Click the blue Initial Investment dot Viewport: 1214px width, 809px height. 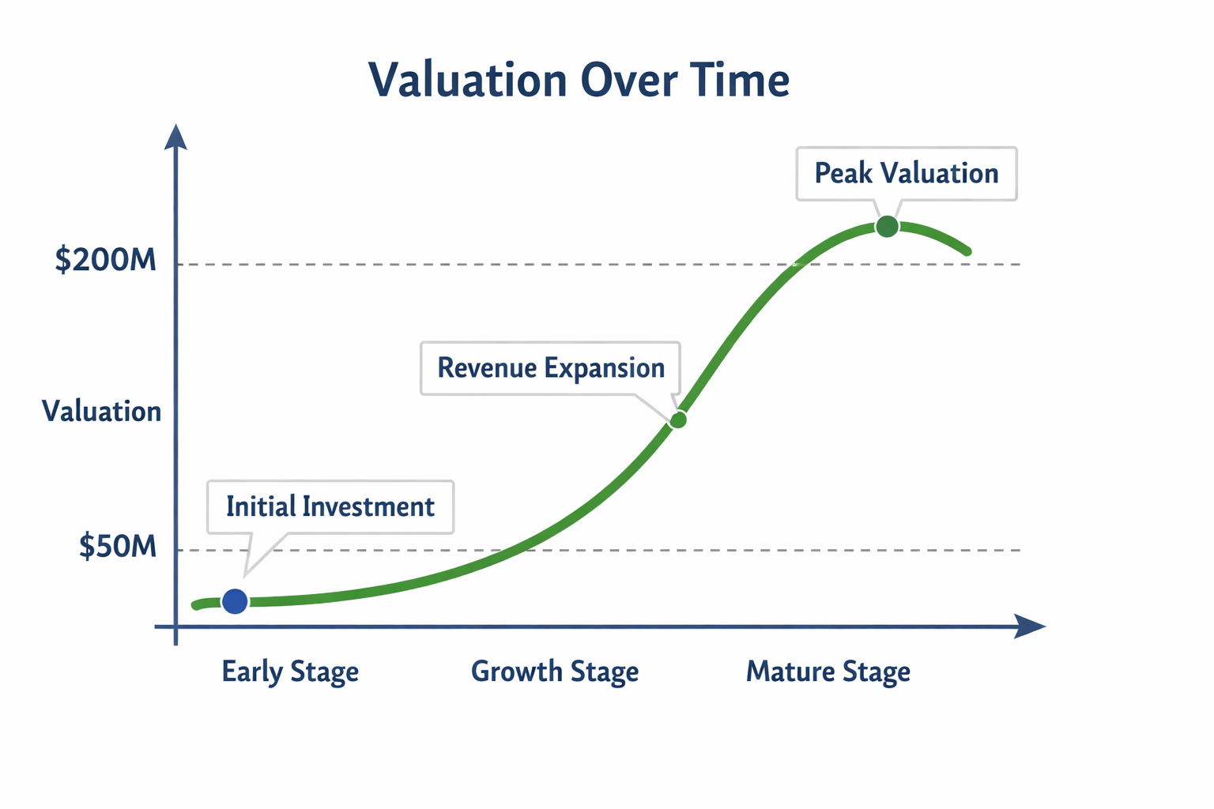click(x=235, y=601)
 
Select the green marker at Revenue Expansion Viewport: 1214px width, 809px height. click(x=678, y=420)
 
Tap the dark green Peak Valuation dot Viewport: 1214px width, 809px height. click(x=888, y=226)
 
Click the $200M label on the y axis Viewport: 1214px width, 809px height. click(x=106, y=260)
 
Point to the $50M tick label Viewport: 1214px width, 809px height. click(x=118, y=546)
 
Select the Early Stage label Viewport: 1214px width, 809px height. click(x=291, y=672)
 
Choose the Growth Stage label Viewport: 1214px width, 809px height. click(x=555, y=672)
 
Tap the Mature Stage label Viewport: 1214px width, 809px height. click(x=828, y=672)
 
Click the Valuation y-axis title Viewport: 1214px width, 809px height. click(x=102, y=412)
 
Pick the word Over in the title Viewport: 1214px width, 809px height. click(x=628, y=81)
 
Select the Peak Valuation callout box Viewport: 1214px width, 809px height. click(x=907, y=174)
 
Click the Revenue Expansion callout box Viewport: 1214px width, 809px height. click(x=551, y=368)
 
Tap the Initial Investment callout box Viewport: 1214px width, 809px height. click(x=330, y=507)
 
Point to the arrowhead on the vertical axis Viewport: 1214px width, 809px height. click(x=175, y=137)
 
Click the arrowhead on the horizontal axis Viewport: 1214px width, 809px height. click(x=1030, y=627)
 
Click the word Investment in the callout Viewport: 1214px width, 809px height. click(x=368, y=506)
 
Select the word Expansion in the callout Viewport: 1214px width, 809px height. click(x=605, y=369)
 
